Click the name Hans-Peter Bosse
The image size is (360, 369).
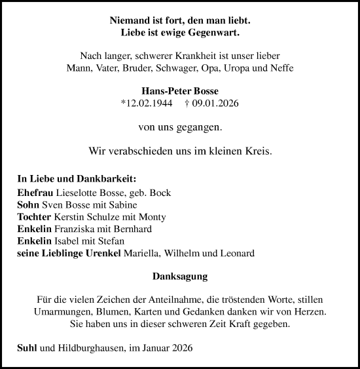[179, 91]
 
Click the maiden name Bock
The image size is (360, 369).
[160, 194]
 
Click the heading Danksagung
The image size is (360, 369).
[180, 277]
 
